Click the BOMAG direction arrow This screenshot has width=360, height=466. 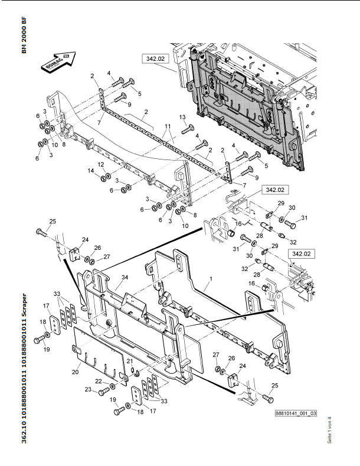click(x=58, y=61)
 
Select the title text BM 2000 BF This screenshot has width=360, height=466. click(x=24, y=35)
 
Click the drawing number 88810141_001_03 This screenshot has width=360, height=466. click(x=296, y=413)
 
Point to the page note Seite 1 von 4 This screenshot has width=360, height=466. click(x=329, y=430)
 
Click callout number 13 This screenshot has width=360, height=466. click(x=182, y=117)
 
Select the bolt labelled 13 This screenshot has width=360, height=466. click(x=188, y=129)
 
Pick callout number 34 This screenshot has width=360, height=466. click(x=125, y=277)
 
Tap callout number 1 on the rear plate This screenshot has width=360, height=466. click(x=211, y=279)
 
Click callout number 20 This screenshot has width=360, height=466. click(x=75, y=372)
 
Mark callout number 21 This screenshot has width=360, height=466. click(x=130, y=361)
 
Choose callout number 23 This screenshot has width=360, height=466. click(x=88, y=389)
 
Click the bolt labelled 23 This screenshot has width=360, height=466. click(x=104, y=392)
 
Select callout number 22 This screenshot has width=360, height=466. click(x=99, y=382)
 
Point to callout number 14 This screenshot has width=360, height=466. click(x=91, y=171)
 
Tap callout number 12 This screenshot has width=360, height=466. click(x=101, y=164)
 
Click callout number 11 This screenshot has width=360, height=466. click(x=168, y=126)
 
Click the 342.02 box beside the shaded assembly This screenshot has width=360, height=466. click(x=155, y=58)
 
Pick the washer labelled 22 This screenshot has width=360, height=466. click(x=113, y=386)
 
